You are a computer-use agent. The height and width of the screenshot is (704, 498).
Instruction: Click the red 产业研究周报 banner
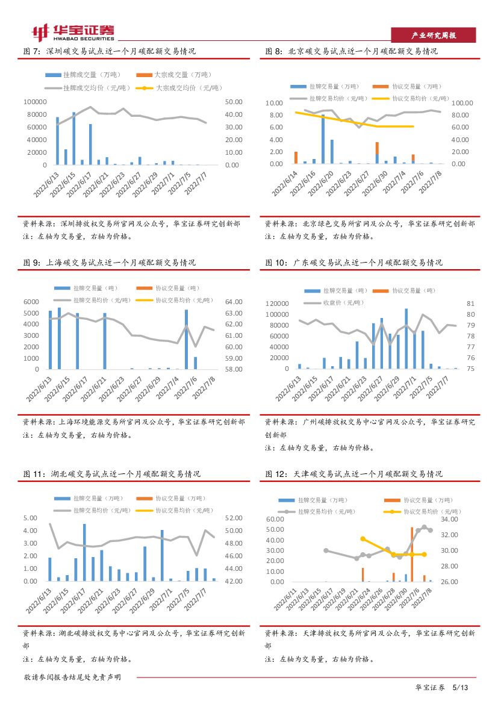[433, 36]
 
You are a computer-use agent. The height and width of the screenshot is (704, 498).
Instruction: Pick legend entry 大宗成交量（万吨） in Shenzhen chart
[173, 75]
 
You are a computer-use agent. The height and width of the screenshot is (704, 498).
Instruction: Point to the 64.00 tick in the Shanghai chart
[234, 302]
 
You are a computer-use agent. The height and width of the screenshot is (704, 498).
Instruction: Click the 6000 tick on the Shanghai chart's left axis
[31, 302]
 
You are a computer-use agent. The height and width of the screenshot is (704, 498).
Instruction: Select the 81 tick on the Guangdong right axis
[471, 304]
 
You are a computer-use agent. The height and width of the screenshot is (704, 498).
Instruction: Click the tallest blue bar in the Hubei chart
[84, 552]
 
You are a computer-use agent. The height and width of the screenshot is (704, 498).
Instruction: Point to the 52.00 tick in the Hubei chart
[234, 518]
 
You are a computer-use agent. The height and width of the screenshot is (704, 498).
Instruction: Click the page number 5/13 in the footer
[460, 687]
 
